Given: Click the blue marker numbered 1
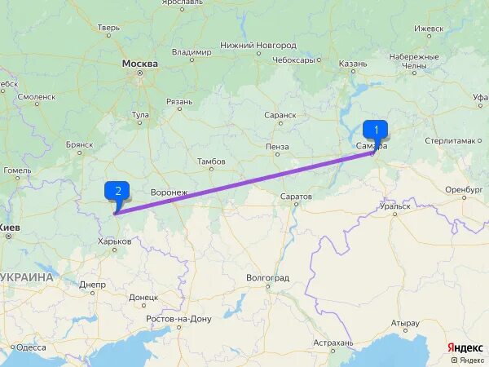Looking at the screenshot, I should [x=375, y=129].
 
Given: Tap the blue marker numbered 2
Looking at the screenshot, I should [x=118, y=192].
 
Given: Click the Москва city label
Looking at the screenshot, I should [x=140, y=63].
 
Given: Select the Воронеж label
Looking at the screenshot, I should [x=170, y=192].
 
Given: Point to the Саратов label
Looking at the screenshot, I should [x=296, y=197].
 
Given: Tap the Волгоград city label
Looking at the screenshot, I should [x=267, y=278].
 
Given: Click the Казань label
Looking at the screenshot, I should [x=354, y=63].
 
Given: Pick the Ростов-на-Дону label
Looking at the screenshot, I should [x=178, y=318].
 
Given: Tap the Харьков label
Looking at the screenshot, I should [x=114, y=241].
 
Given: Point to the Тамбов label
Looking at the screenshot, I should [x=211, y=161].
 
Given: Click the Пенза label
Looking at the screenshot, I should [x=277, y=147].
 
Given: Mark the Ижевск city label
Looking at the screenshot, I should [x=429, y=28].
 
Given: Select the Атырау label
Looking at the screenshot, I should [x=405, y=323].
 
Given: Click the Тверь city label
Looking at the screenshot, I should [x=108, y=28].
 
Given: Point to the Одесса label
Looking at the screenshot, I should [x=31, y=347].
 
